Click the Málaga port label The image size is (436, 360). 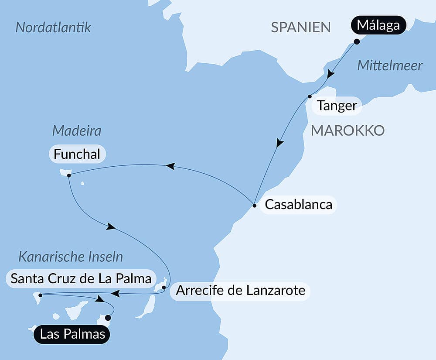[378, 25]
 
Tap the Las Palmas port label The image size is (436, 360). [72, 335]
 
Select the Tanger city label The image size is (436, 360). [337, 106]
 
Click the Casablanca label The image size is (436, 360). [298, 204]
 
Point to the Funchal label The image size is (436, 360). [77, 154]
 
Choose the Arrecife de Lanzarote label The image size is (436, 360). [240, 290]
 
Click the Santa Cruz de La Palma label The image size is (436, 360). [81, 278]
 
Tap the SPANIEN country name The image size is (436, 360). [301, 27]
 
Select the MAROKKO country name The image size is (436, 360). [347, 130]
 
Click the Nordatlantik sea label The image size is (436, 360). [53, 27]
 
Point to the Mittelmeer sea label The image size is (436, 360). [390, 66]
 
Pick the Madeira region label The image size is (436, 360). [77, 130]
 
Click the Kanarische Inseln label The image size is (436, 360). [71, 257]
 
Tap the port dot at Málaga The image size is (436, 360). [357, 42]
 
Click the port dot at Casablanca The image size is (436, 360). [254, 205]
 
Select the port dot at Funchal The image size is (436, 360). [69, 175]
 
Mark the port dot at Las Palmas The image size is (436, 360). [108, 318]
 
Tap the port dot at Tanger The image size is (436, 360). [310, 96]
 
